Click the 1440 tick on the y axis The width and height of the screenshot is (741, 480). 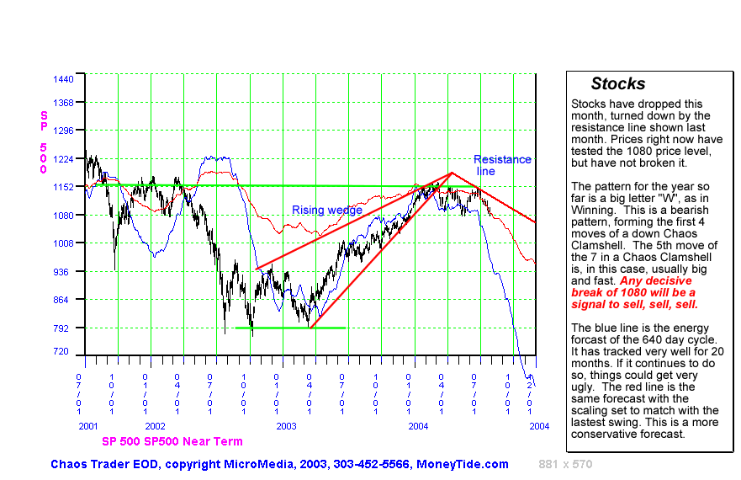[64, 78]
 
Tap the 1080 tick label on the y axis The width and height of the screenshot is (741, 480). [64, 215]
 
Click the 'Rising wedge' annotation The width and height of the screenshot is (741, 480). [327, 210]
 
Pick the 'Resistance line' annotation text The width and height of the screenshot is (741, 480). [502, 165]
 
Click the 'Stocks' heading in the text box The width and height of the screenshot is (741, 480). [617, 83]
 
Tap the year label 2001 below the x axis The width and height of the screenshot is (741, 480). [88, 427]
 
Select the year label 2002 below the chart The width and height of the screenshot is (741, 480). [156, 427]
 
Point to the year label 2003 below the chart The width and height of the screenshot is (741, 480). [287, 427]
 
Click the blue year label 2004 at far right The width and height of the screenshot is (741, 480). [539, 426]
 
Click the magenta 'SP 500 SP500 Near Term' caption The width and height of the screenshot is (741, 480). [172, 441]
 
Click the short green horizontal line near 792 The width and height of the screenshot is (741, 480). [290, 328]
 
